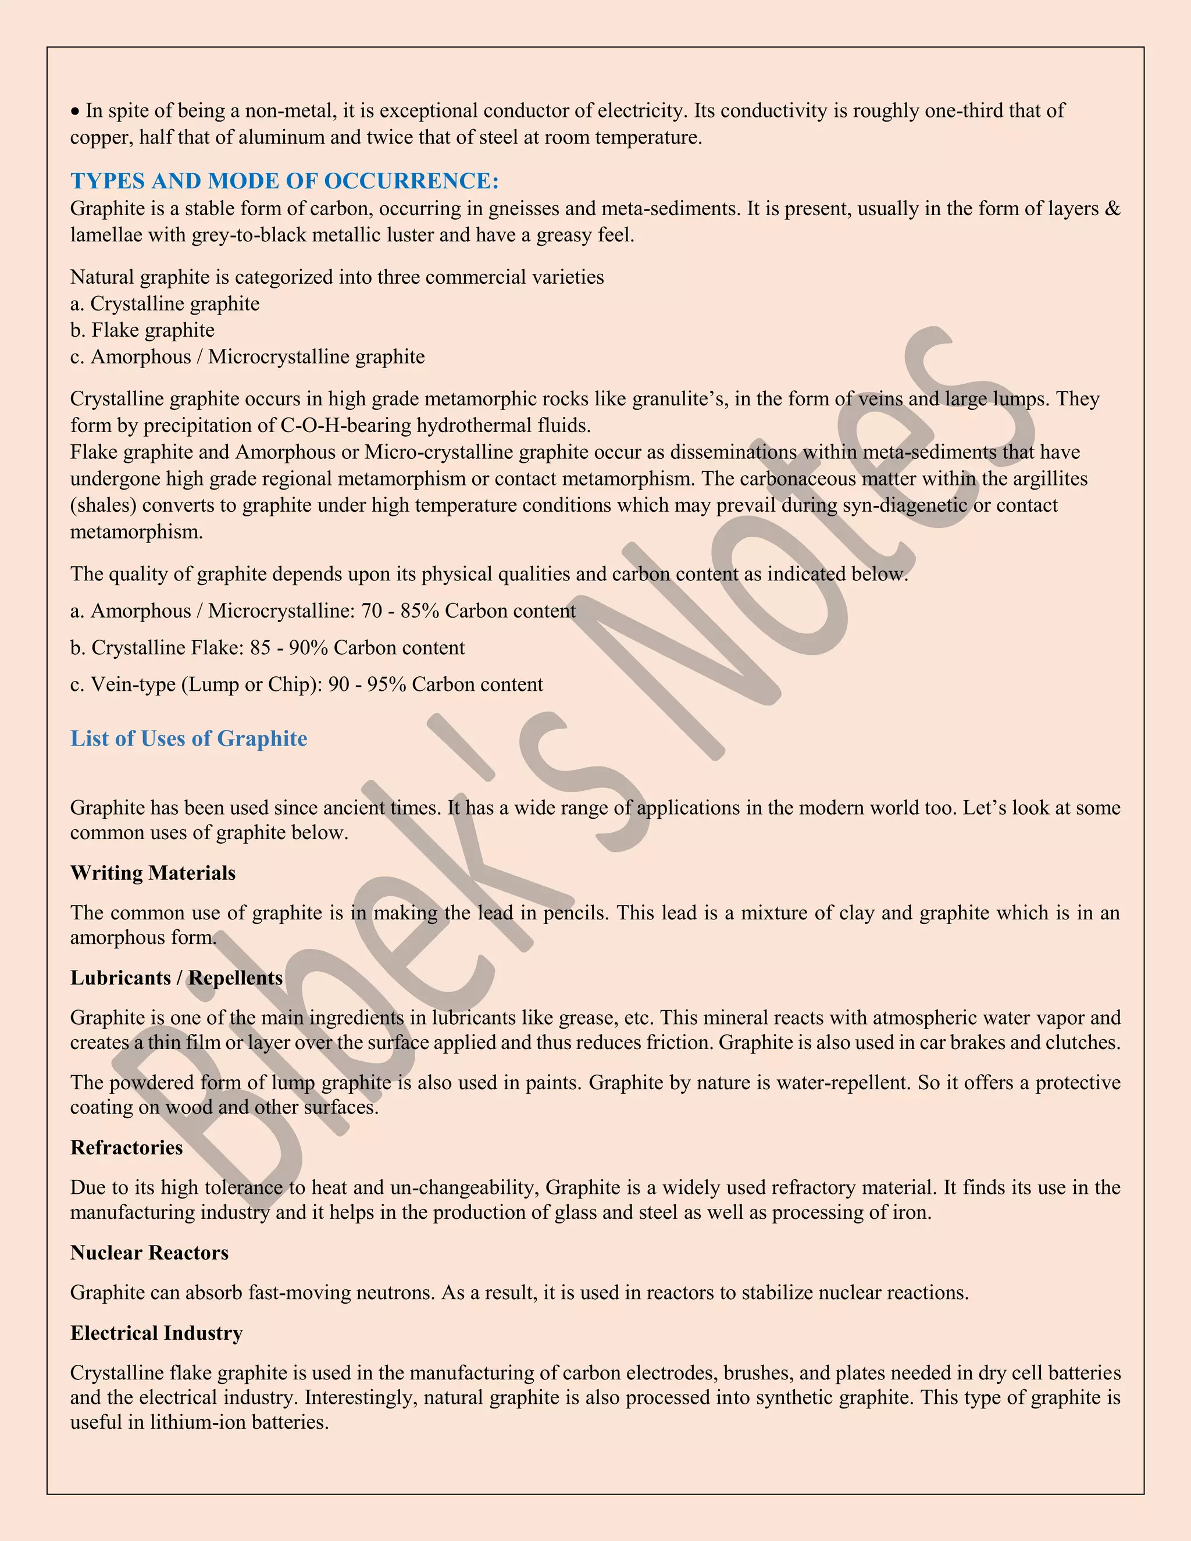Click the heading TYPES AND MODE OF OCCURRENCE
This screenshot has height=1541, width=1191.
tap(284, 181)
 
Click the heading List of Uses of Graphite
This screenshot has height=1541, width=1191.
tap(188, 739)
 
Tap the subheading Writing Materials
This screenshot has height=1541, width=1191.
tap(152, 873)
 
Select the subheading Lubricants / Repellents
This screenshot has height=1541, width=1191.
tap(176, 978)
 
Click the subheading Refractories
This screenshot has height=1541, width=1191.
tap(126, 1148)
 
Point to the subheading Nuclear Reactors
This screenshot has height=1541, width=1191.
tap(149, 1253)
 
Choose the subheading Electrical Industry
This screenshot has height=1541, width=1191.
tap(156, 1333)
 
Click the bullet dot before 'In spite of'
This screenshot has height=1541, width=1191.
tap(76, 112)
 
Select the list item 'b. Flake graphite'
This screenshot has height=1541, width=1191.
tap(142, 330)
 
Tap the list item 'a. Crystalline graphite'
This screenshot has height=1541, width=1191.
tap(165, 304)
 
